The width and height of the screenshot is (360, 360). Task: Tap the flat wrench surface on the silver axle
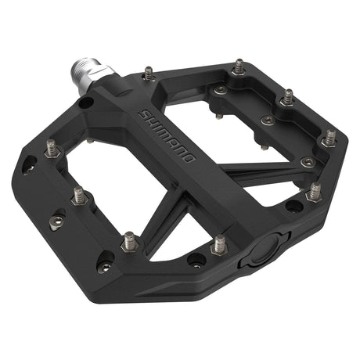[99, 72]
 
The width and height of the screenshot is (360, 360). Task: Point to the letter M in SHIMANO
[164, 133]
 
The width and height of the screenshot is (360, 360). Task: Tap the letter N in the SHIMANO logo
[180, 150]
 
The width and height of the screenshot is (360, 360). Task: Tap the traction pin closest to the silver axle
[149, 73]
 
